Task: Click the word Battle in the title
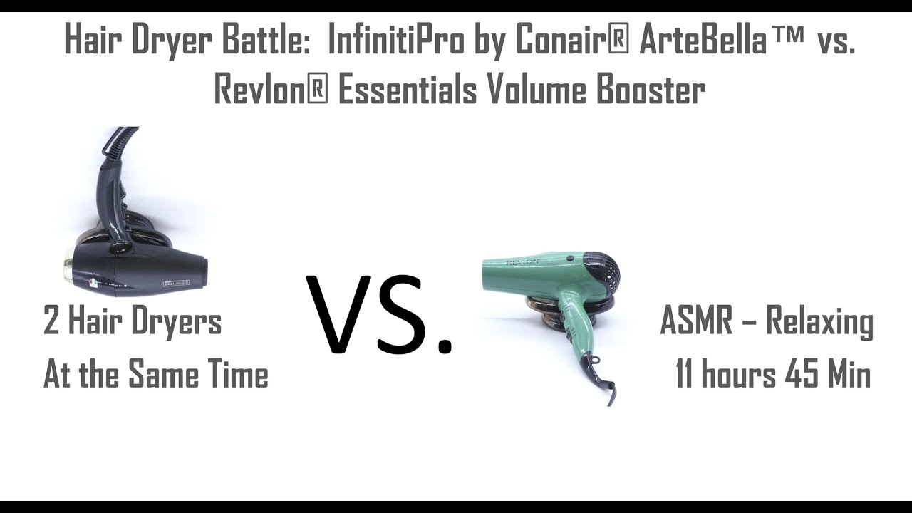(269, 41)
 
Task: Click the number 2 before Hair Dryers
(51, 321)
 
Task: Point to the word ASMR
(696, 321)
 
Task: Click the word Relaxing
(819, 321)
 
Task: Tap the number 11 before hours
(685, 375)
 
